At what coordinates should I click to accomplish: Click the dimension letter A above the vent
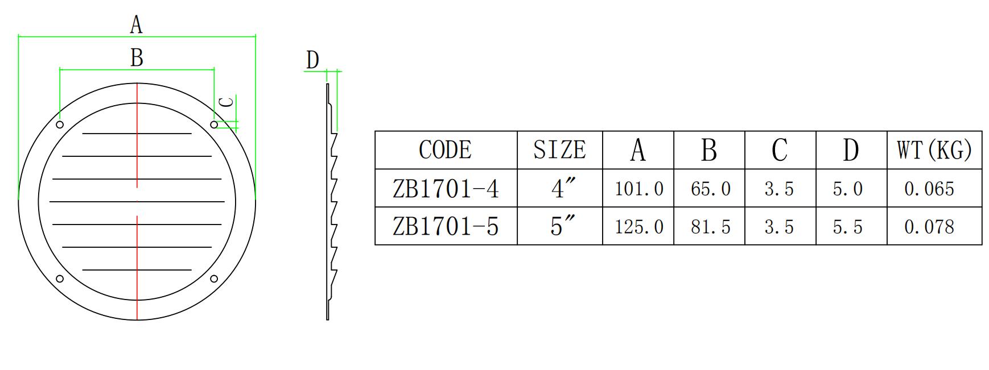click(136, 25)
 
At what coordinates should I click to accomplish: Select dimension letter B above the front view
click(137, 58)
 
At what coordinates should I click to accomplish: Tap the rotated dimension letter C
click(226, 102)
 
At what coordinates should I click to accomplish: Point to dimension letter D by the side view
click(312, 60)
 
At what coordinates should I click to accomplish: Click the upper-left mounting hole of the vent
click(60, 124)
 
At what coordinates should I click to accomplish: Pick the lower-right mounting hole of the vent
click(214, 278)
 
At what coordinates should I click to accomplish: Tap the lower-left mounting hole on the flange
click(60, 278)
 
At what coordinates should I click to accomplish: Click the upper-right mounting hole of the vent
click(214, 124)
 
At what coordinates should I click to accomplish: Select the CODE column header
click(445, 150)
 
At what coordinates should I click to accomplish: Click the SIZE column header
click(559, 150)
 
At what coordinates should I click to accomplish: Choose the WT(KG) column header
click(934, 150)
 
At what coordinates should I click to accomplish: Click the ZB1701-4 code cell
click(446, 189)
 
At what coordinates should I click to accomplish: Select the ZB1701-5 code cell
click(446, 227)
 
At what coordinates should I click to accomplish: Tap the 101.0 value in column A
click(638, 189)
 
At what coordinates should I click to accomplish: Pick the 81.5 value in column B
click(710, 227)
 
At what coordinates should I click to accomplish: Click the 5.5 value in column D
click(847, 227)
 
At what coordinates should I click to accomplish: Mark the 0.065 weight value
click(929, 189)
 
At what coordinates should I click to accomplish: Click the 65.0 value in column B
click(710, 189)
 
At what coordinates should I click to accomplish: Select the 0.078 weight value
click(929, 227)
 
